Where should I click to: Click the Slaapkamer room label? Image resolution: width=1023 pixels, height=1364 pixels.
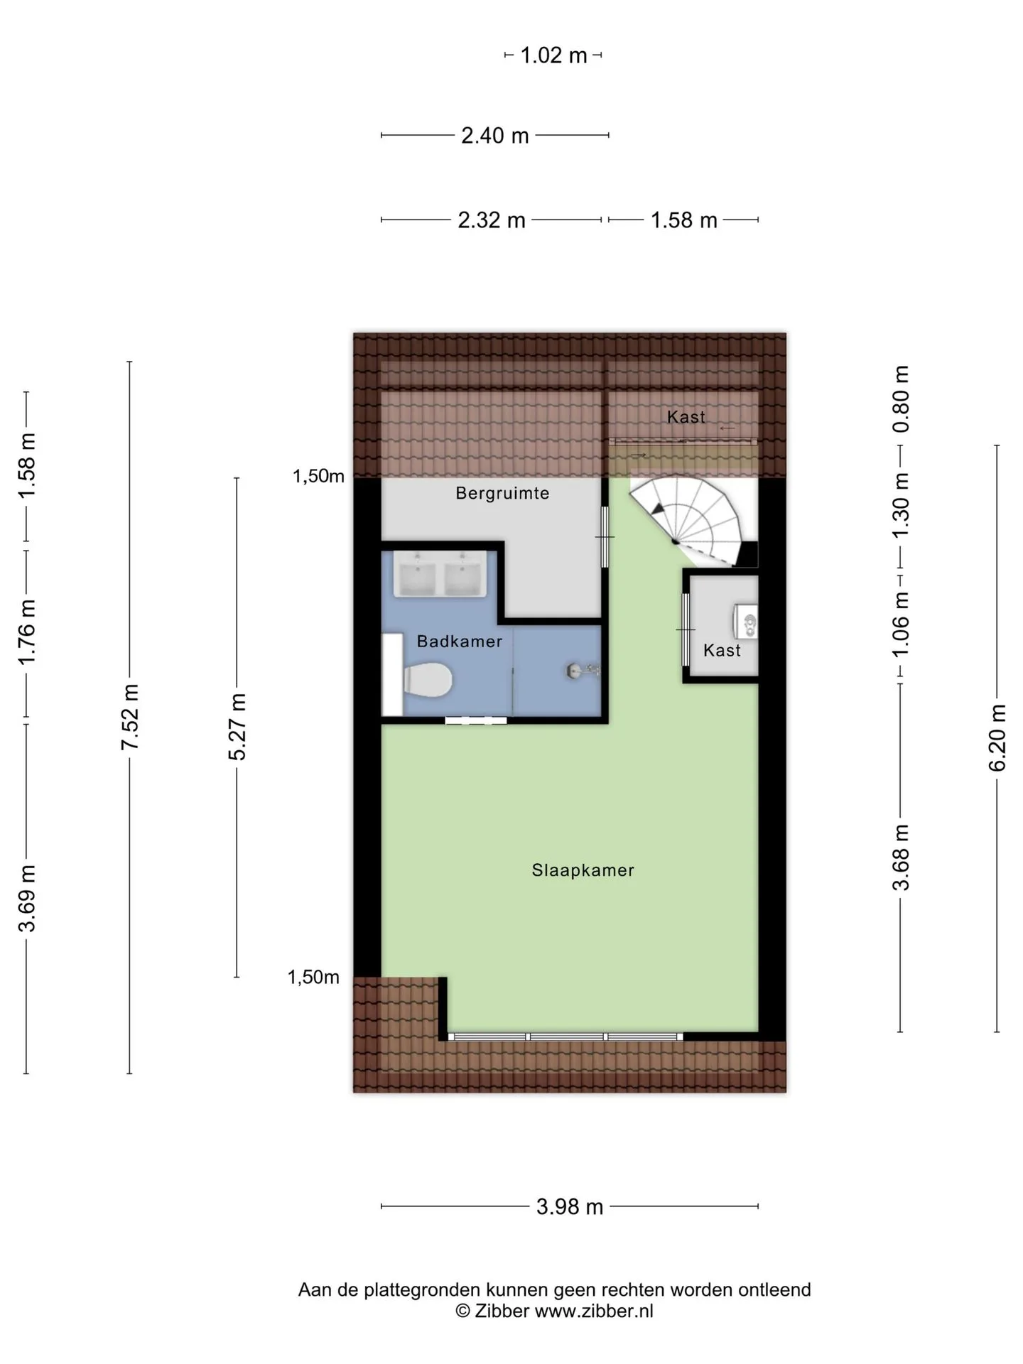pos(583,870)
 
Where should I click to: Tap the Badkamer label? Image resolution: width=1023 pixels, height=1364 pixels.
pos(460,642)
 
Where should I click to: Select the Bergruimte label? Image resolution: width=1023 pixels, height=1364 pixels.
pos(502,493)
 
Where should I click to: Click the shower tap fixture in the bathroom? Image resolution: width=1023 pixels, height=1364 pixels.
pos(583,669)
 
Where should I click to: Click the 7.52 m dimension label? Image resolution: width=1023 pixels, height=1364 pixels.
pos(129,718)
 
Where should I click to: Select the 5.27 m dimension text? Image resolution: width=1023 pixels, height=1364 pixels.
pos(237,727)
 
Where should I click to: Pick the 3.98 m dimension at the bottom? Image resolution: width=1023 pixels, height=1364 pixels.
pos(570,1206)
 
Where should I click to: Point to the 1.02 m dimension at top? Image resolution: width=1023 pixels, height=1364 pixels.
pos(554,55)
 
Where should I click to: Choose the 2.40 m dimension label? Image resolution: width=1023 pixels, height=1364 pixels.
pos(495,135)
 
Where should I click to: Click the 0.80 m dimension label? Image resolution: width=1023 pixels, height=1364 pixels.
pos(901,399)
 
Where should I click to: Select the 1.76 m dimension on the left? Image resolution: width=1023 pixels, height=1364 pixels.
pos(27,632)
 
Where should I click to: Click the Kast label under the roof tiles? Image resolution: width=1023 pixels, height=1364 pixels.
pos(686,417)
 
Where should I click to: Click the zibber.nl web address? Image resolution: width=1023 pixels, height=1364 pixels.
pos(594,1311)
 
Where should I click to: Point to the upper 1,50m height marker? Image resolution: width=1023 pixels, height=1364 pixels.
pos(318,476)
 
